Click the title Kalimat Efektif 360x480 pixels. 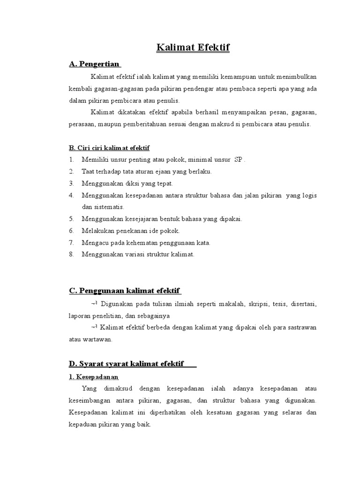(194, 48)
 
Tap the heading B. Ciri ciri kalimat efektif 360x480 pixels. (109, 148)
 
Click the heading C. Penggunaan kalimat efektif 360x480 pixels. (125, 291)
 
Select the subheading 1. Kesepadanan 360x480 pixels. (93, 376)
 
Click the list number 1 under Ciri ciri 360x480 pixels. (71, 159)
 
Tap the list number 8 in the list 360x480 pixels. (71, 255)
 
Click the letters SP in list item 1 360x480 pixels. (238, 159)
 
